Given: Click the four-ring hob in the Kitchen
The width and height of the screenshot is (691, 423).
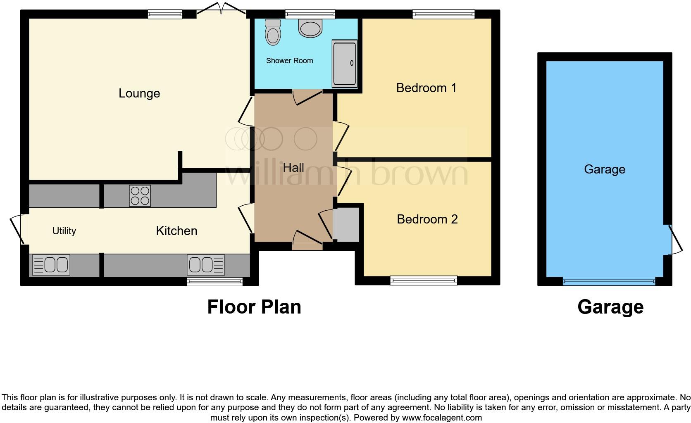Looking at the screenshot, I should (x=140, y=196).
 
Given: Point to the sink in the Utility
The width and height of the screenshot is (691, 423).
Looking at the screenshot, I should (x=51, y=265).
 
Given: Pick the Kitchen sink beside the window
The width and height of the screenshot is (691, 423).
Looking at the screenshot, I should (x=206, y=265).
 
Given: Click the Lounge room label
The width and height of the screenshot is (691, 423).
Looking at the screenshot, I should (x=139, y=93).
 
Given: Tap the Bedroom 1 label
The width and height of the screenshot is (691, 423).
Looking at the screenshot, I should (x=426, y=88).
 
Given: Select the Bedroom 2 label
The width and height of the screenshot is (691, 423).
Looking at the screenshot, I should (x=427, y=219).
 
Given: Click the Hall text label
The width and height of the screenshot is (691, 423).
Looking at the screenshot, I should (x=293, y=168).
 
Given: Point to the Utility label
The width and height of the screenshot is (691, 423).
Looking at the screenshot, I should (x=64, y=231).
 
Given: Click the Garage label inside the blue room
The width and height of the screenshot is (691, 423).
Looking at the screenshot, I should (x=604, y=169).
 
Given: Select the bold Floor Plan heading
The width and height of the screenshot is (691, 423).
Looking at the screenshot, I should (x=254, y=307).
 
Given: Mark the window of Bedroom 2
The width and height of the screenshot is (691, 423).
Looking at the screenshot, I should (x=424, y=281).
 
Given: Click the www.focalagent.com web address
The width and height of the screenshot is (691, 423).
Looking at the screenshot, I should (x=441, y=418).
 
